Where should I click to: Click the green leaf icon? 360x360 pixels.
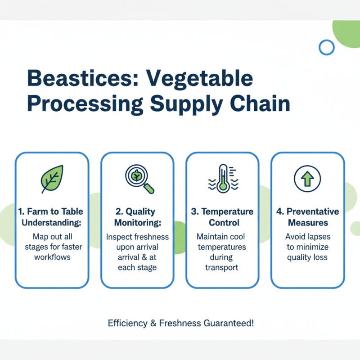click(x=52, y=179)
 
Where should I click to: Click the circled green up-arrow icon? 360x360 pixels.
click(x=307, y=179)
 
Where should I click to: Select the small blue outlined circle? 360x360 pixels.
click(x=326, y=47)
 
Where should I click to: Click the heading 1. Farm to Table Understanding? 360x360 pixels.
click(x=52, y=217)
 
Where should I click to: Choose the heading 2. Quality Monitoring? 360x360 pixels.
click(x=137, y=217)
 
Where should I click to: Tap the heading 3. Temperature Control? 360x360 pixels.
click(x=222, y=217)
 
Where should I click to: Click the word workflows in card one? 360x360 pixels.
click(x=52, y=257)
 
